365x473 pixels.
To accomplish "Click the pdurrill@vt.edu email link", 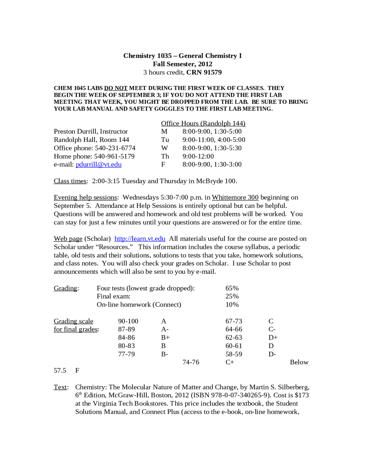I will [x=99, y=165].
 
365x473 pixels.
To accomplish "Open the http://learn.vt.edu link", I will [x=140, y=239].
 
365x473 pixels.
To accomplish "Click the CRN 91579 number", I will [x=204, y=73].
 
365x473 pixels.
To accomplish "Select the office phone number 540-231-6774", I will [x=115, y=148].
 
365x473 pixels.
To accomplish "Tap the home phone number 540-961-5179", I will [x=114, y=156].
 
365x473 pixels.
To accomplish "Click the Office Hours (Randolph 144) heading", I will [x=203, y=123].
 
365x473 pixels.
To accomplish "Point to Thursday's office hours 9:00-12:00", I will [x=198, y=156].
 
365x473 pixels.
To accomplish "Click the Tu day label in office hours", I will [x=165, y=140].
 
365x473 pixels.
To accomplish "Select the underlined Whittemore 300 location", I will [x=235, y=197].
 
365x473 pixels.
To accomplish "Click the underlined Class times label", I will [x=70, y=181].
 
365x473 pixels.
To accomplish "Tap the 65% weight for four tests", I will [x=232, y=288].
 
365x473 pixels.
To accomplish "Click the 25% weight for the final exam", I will [x=232, y=296].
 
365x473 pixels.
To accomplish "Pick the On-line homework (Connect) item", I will [x=139, y=304].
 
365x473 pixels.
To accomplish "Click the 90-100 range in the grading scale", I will [x=128, y=321].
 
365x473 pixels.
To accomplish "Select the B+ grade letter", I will [x=165, y=338].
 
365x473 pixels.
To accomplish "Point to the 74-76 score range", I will [x=191, y=362].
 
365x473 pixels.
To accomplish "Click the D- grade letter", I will [x=272, y=354].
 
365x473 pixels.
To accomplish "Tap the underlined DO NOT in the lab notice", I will [x=116, y=88].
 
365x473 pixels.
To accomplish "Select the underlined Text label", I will [x=60, y=387].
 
